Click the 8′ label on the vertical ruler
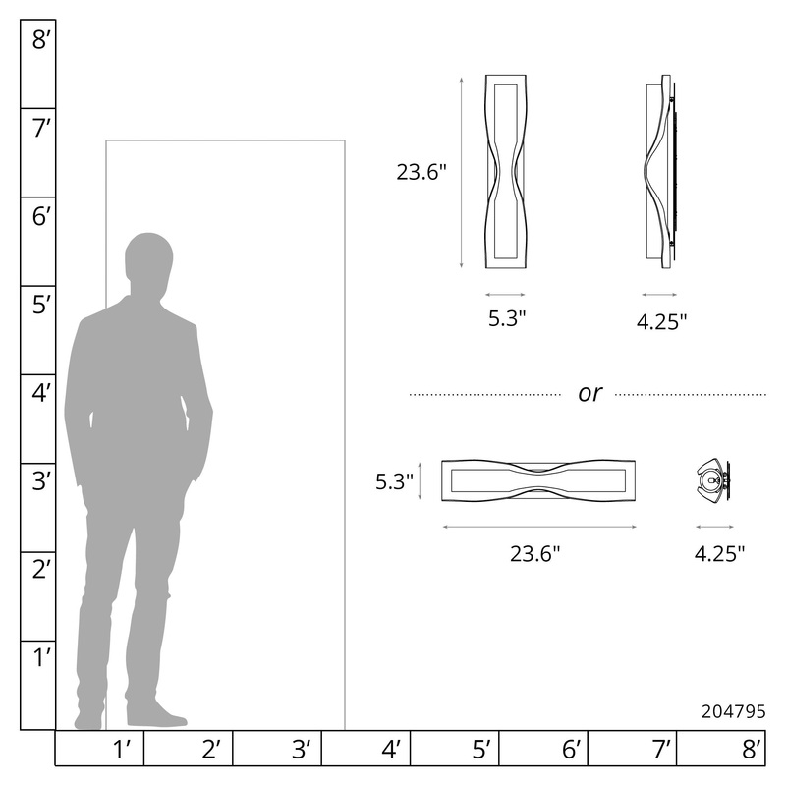(x=41, y=39)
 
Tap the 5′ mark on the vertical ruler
(x=41, y=305)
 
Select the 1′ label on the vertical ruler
(x=41, y=657)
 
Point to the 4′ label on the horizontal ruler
(x=391, y=750)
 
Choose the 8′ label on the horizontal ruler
(x=752, y=750)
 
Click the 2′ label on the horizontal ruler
(x=211, y=750)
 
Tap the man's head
(x=148, y=263)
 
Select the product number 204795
(x=733, y=711)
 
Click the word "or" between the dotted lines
(x=589, y=394)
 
